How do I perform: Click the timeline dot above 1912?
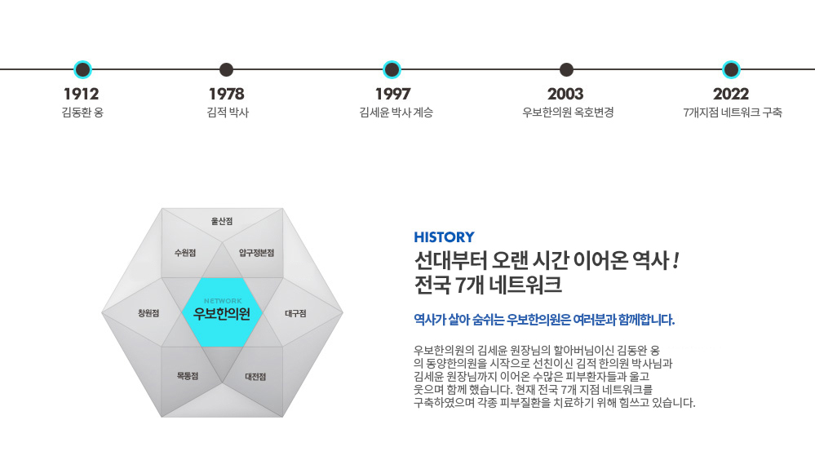82,69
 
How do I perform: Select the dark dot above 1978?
226,69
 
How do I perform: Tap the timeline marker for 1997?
392,69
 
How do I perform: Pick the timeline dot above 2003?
566,69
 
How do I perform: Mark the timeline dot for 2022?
731,69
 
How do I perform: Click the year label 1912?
81,94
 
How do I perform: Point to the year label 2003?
565,94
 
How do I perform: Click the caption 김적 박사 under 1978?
228,113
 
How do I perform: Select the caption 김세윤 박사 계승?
396,113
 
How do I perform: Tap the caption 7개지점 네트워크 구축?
733,113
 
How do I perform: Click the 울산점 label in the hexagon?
222,221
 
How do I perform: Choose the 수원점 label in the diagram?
185,253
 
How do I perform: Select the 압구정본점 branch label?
256,253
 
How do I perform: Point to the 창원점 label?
148,313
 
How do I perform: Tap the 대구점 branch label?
296,313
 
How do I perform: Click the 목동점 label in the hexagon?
187,376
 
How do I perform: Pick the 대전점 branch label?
255,377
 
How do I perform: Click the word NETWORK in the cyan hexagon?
223,301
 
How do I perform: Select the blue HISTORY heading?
444,237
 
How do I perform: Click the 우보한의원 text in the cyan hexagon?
222,314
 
